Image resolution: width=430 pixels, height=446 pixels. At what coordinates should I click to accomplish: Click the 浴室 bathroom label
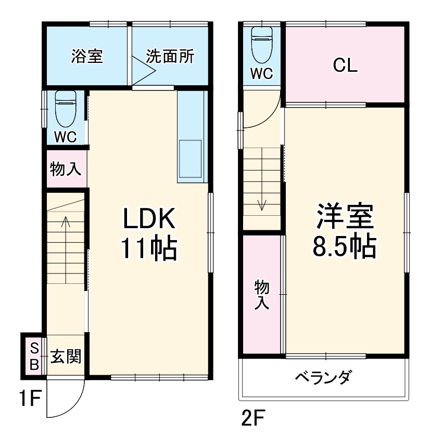[x=86, y=57]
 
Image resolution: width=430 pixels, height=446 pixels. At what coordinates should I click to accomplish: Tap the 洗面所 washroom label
[x=170, y=57]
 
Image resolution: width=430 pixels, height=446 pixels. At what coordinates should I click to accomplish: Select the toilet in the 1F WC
[x=66, y=109]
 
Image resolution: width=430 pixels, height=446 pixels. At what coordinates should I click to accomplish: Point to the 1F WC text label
[x=66, y=137]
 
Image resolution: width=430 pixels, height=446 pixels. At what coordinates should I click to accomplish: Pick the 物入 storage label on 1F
[x=66, y=169]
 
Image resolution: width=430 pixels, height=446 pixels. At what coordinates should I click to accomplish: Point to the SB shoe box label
[x=34, y=356]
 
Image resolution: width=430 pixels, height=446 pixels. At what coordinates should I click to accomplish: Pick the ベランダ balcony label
[x=324, y=377]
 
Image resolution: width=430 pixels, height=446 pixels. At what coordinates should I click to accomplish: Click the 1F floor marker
[x=30, y=400]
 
